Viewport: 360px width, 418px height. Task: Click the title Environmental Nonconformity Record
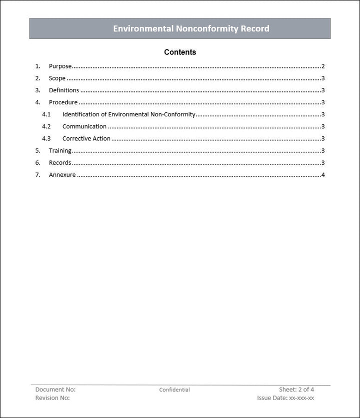coord(190,28)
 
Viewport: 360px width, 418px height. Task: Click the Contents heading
coord(180,52)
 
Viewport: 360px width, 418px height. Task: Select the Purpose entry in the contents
coord(60,66)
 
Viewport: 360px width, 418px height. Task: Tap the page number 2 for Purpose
coord(323,66)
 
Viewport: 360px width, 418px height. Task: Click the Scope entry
coord(57,78)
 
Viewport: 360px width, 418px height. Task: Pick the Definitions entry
coord(63,90)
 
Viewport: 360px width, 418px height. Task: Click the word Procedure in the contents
coord(63,102)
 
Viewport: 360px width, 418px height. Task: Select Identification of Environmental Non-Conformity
coord(128,114)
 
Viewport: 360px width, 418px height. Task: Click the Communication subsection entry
coord(84,126)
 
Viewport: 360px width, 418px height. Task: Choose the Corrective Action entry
coord(86,138)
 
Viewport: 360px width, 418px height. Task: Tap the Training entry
coord(60,150)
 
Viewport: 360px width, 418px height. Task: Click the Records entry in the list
coord(60,162)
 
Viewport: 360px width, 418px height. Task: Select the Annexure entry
coord(62,175)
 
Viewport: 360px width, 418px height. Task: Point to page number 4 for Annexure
coord(323,175)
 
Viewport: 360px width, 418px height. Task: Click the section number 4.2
coord(46,126)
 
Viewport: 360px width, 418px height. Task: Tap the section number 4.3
coord(46,138)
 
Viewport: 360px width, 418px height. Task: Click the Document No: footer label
coord(55,389)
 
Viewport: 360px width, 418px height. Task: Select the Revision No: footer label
coord(52,398)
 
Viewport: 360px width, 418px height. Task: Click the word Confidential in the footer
coord(174,390)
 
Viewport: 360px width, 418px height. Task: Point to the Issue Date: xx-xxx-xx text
coord(285,398)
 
